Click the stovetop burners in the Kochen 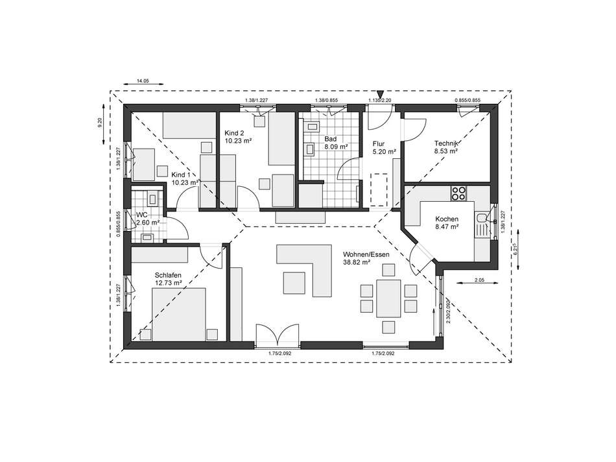point(458,193)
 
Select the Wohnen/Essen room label point(366,255)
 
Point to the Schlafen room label point(167,275)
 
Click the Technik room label point(447,143)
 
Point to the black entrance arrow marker point(380,95)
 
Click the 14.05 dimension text point(142,80)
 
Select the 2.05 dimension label point(479,279)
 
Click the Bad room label point(330,139)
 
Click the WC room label point(142,214)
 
